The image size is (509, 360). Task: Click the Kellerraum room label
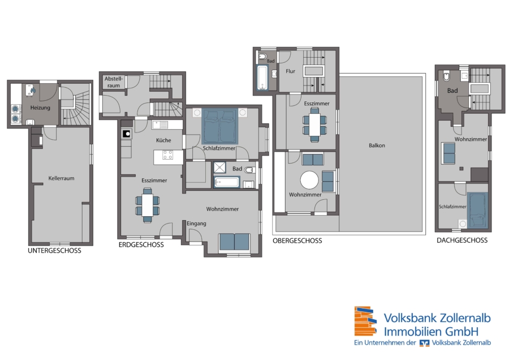pyautogui.click(x=61, y=178)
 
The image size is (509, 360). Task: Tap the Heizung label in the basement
pyautogui.click(x=40, y=108)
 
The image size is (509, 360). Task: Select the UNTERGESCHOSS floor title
pyautogui.click(x=54, y=251)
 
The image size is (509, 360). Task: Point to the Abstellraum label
pyautogui.click(x=114, y=82)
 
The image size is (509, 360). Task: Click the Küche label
pyautogui.click(x=163, y=140)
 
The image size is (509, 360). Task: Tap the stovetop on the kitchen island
pyautogui.click(x=167, y=155)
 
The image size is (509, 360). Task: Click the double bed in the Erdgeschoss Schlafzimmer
pyautogui.click(x=220, y=126)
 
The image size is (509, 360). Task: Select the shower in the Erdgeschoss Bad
pyautogui.click(x=219, y=168)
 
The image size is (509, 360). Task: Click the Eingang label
pyautogui.click(x=196, y=224)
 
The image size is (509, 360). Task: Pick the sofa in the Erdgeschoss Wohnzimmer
pyautogui.click(x=234, y=242)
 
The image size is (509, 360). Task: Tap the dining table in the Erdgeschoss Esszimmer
pyautogui.click(x=148, y=205)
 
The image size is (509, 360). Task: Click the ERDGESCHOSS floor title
pyautogui.click(x=141, y=245)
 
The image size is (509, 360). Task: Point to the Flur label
pyautogui.click(x=291, y=71)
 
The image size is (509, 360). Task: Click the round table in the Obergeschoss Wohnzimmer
pyautogui.click(x=309, y=180)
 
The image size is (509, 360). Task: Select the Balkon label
pyautogui.click(x=377, y=145)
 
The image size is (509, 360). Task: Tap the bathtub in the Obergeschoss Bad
pyautogui.click(x=262, y=77)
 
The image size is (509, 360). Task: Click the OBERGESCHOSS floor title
pyautogui.click(x=297, y=241)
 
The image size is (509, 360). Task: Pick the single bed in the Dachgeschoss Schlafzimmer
pyautogui.click(x=477, y=210)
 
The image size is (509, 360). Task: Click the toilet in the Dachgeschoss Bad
pyautogui.click(x=447, y=76)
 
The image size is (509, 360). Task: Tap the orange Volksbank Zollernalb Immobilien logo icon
pyautogui.click(x=365, y=321)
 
